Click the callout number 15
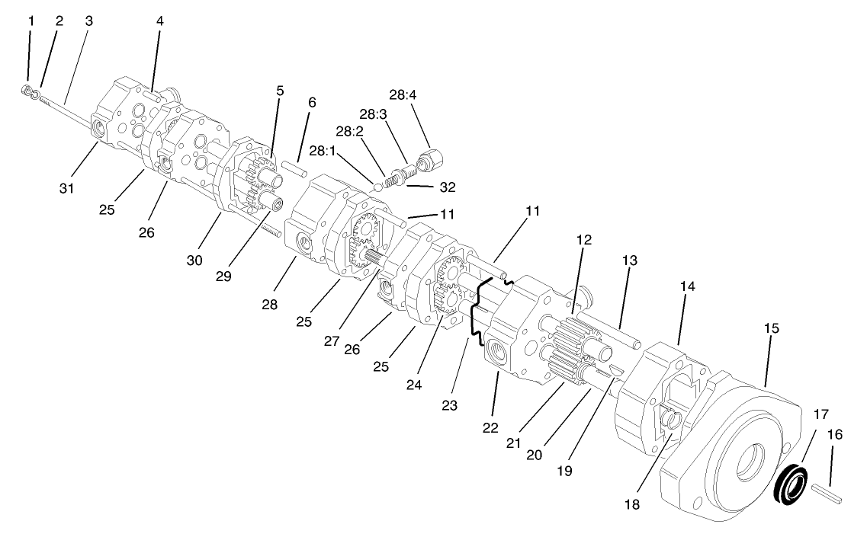pyautogui.click(x=771, y=328)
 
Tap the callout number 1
pyautogui.click(x=31, y=21)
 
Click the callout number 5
pyautogui.click(x=280, y=90)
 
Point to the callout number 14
pyautogui.click(x=688, y=287)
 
